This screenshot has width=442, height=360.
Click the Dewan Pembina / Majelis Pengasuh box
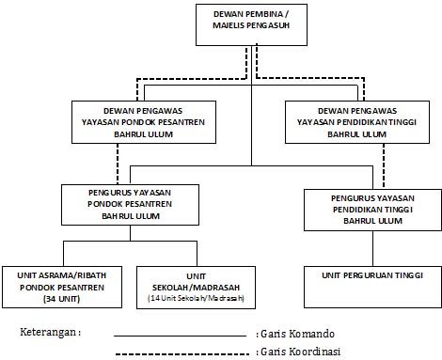251,24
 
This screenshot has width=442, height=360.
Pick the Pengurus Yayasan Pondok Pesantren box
128,204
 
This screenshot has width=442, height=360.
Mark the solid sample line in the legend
183,335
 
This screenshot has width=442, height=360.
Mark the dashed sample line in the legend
183,352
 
